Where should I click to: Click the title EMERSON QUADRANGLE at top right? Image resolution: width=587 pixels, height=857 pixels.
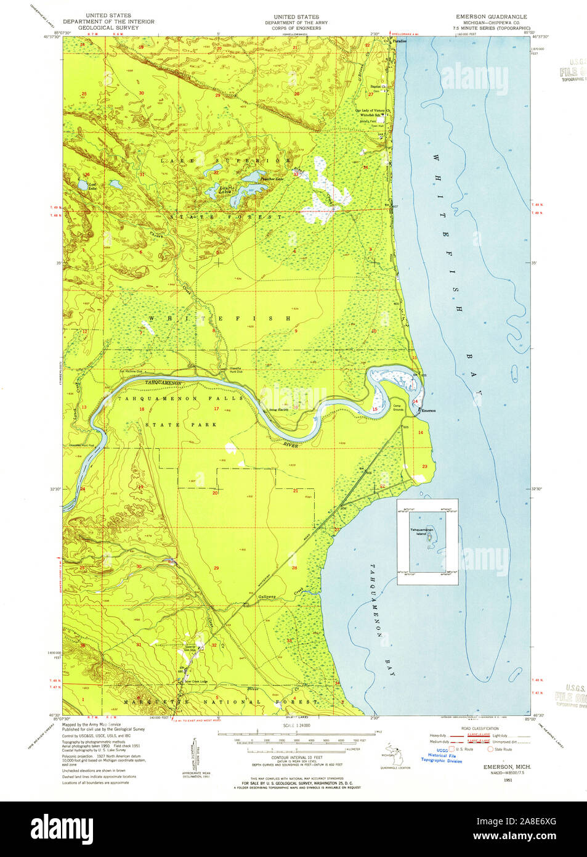point(491,17)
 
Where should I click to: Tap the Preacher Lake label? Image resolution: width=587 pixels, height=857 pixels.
point(271,179)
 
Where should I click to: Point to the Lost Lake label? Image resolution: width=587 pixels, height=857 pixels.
point(92,185)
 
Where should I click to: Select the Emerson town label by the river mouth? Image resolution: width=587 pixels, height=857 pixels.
point(429,411)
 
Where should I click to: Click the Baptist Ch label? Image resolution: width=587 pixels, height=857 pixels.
point(378,87)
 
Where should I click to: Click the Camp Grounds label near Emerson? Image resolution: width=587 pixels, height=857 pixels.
point(398,408)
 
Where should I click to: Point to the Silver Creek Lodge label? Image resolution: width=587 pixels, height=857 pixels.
point(192,682)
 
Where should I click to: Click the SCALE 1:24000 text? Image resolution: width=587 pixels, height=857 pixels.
point(296,726)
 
